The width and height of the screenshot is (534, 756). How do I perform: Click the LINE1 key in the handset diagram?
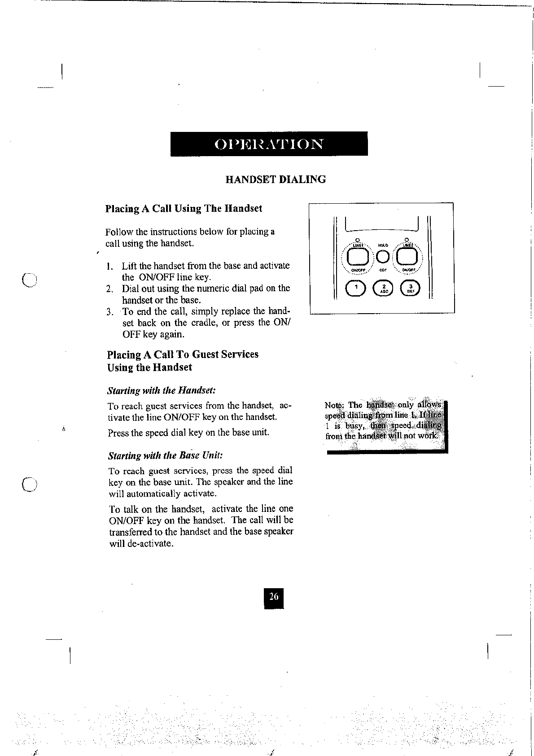[x=357, y=257]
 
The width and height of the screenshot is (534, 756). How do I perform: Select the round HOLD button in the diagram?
[x=382, y=257]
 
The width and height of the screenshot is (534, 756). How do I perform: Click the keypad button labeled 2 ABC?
[x=383, y=288]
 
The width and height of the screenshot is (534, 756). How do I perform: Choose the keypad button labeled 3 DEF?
[x=410, y=288]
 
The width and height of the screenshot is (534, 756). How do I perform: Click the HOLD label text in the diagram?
[x=382, y=245]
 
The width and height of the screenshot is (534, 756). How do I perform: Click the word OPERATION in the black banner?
[x=269, y=144]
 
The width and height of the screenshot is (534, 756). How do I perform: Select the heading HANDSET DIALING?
[x=275, y=179]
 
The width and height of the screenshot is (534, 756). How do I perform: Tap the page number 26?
[x=274, y=597]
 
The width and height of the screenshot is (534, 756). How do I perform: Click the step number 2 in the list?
[x=109, y=289]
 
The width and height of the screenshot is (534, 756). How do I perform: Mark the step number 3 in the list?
[x=109, y=312]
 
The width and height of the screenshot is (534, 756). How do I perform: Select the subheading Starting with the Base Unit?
[x=166, y=456]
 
